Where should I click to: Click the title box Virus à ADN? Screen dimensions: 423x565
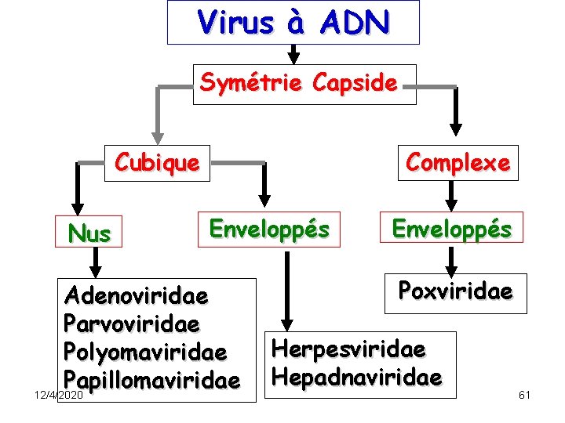[293, 23]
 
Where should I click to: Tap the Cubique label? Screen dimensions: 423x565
[157, 162]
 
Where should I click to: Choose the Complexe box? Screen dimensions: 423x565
[457, 162]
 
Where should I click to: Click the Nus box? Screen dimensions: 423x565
[89, 233]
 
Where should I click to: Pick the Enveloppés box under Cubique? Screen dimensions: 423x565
[269, 229]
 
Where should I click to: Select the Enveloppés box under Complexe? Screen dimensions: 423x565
[451, 229]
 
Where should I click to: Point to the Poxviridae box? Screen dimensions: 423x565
[455, 291]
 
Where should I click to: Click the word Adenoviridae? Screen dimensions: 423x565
[137, 297]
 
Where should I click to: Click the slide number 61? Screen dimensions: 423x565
[525, 394]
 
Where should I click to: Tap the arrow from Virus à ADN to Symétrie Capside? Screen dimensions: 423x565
[293, 55]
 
